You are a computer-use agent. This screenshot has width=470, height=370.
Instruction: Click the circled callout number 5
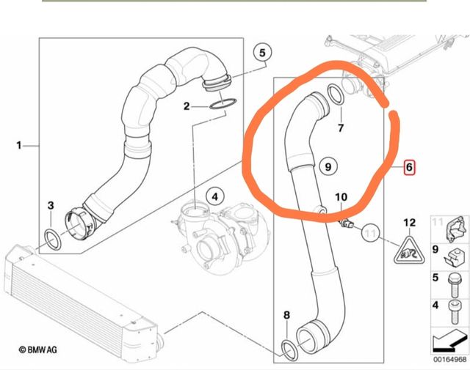point(262,53)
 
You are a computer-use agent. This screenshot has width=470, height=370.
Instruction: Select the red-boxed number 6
point(409,167)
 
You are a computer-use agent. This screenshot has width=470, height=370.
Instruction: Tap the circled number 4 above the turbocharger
point(215,197)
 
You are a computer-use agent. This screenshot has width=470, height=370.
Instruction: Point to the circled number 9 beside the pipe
point(328,166)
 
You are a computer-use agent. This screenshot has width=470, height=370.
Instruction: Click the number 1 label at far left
point(19,146)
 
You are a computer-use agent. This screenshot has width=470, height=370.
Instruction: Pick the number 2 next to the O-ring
point(187,106)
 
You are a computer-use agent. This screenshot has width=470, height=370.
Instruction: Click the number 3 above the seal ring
point(51,205)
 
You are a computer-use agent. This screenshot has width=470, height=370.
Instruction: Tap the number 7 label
point(341,128)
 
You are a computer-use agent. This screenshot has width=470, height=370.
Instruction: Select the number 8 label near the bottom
point(287,315)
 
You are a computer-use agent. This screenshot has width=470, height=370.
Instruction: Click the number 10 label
point(341,197)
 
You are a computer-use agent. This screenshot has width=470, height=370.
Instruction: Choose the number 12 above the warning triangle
point(410,223)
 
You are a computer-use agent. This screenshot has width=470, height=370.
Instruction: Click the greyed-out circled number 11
point(371,233)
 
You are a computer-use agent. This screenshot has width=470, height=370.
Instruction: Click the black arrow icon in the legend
point(449,341)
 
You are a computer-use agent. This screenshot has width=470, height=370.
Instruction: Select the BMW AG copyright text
point(37,349)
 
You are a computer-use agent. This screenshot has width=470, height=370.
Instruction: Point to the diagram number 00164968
point(450,359)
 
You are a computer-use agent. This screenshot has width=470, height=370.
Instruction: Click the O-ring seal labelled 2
point(223,104)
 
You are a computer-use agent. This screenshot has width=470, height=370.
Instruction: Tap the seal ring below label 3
point(53,240)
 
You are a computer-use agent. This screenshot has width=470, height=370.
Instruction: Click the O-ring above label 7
point(336,95)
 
